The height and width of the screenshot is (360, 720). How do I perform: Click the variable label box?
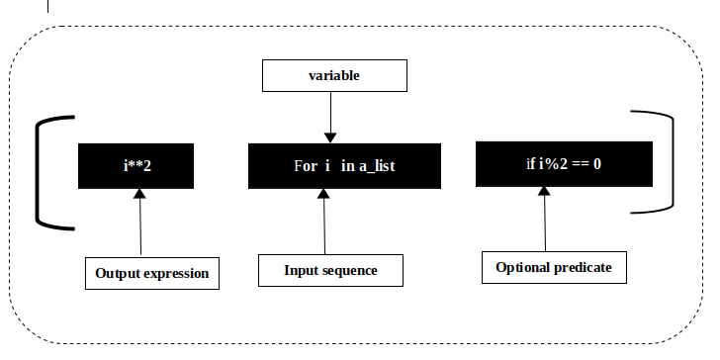click(x=333, y=74)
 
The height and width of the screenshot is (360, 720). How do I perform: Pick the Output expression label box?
click(x=152, y=273)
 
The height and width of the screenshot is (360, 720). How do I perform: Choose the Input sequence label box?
click(x=330, y=269)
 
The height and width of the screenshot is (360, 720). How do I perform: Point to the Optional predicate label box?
click(x=553, y=267)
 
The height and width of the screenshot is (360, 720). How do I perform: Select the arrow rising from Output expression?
click(x=140, y=223)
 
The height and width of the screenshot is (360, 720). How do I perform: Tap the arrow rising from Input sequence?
click(x=323, y=222)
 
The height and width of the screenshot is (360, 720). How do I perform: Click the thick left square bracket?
click(x=42, y=173)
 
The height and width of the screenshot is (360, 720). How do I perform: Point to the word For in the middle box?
click(x=305, y=166)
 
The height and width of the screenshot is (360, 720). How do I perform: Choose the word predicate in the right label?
click(x=584, y=267)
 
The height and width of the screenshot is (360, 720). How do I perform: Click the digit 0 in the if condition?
click(x=597, y=162)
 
